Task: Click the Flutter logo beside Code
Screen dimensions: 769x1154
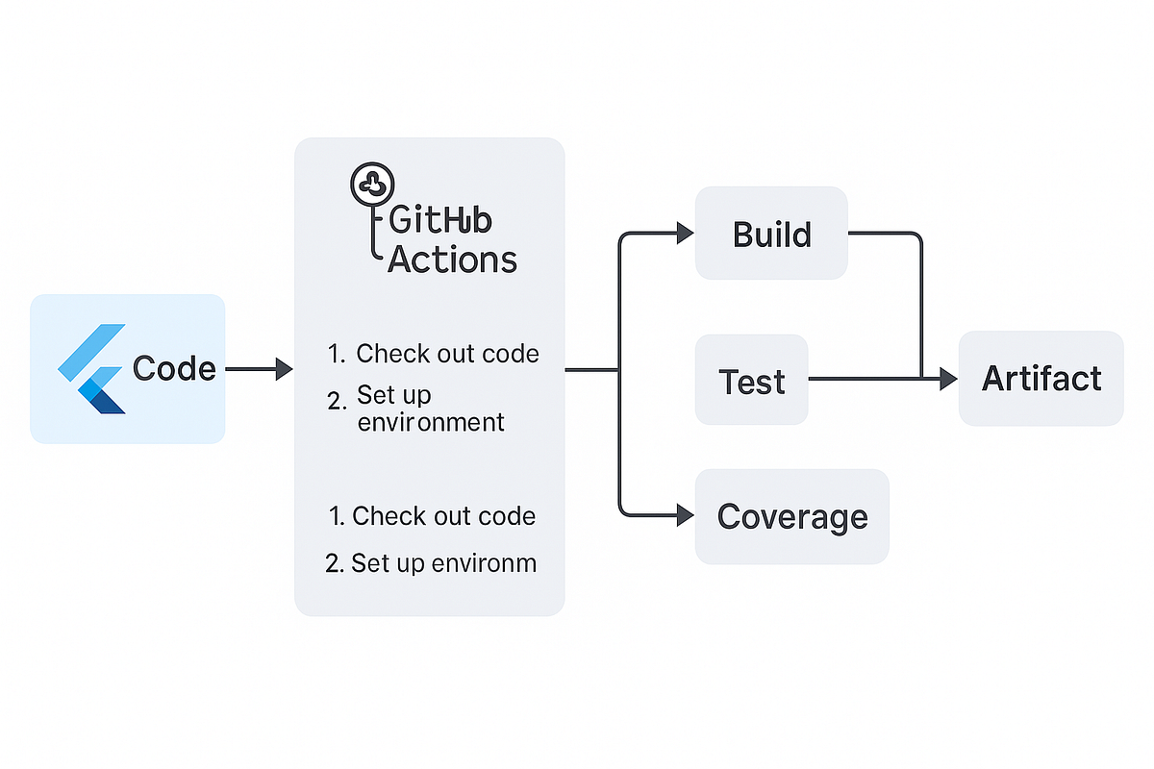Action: point(92,369)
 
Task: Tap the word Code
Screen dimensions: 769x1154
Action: point(174,369)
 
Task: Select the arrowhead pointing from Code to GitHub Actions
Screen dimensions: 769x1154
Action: point(284,369)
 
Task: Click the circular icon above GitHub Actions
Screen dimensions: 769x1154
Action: point(370,182)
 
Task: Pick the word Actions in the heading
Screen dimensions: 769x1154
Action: point(452,259)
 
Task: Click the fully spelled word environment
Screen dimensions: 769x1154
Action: point(431,422)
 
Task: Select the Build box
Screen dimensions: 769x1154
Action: point(771,235)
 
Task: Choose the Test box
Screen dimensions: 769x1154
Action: point(752,381)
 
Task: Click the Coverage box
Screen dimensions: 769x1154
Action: point(791,516)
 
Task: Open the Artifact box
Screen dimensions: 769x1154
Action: point(1041,379)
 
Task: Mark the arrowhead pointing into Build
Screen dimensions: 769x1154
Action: point(685,234)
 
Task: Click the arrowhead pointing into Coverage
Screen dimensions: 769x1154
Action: point(685,516)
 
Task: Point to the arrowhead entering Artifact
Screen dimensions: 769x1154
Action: point(948,380)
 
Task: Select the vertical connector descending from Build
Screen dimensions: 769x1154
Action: point(921,308)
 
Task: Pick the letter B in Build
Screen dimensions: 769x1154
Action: point(742,235)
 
